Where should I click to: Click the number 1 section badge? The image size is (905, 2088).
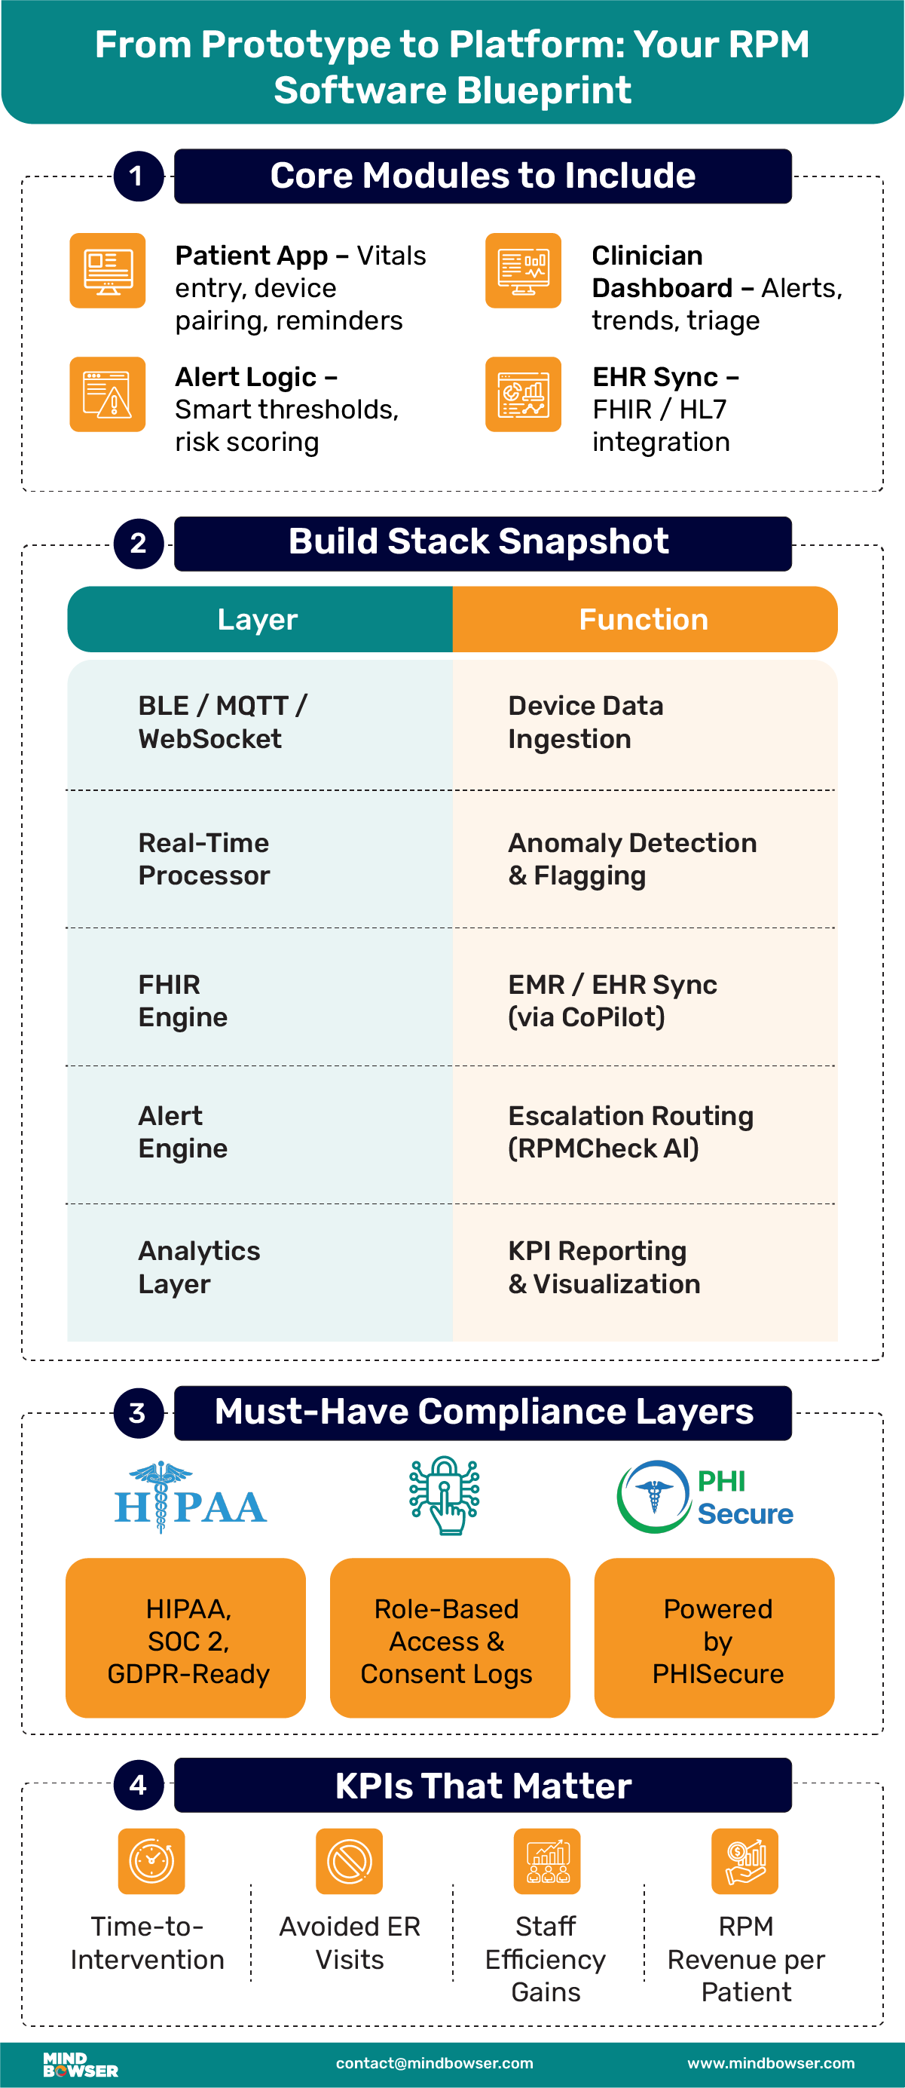click(x=139, y=176)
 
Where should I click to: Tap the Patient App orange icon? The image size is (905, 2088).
click(x=108, y=271)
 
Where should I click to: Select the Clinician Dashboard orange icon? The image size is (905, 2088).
click(x=524, y=271)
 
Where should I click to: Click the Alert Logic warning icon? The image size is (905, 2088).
click(x=108, y=394)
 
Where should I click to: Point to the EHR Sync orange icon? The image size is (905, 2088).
click(x=524, y=394)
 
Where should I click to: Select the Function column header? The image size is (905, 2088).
click(x=644, y=619)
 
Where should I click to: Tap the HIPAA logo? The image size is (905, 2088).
click(x=191, y=1500)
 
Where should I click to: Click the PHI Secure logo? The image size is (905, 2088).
click(x=705, y=1497)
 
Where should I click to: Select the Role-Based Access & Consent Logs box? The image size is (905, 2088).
click(x=450, y=1641)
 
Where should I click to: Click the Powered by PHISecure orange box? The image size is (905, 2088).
click(x=714, y=1641)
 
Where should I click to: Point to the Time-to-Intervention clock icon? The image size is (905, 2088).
click(x=151, y=1861)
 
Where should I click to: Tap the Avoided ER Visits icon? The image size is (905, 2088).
click(x=349, y=1861)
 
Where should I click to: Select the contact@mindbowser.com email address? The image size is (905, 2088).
click(x=434, y=2064)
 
